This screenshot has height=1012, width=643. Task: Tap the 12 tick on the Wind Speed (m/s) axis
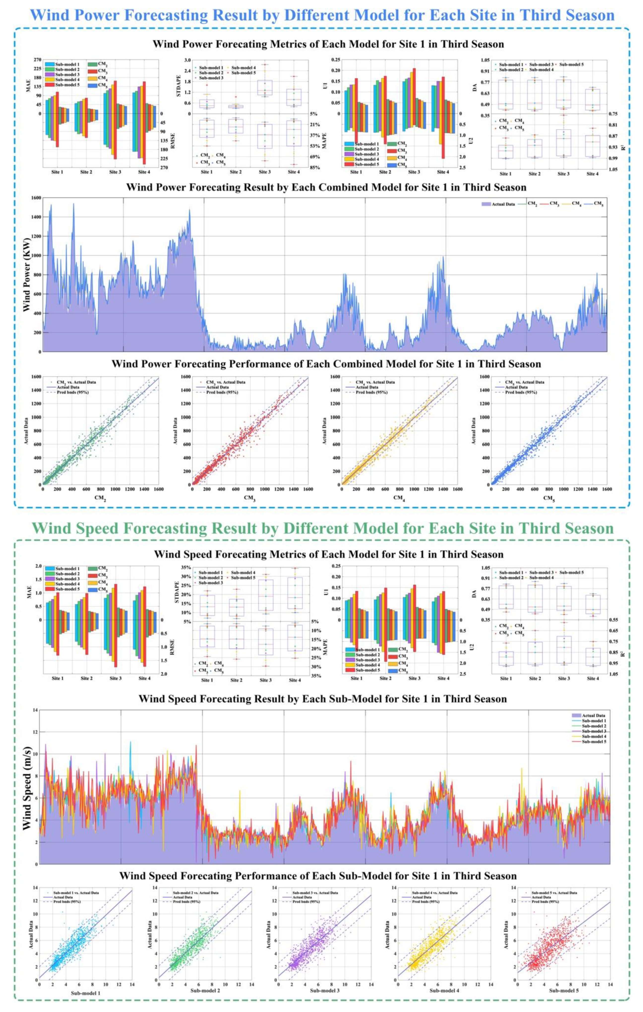click(34, 732)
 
